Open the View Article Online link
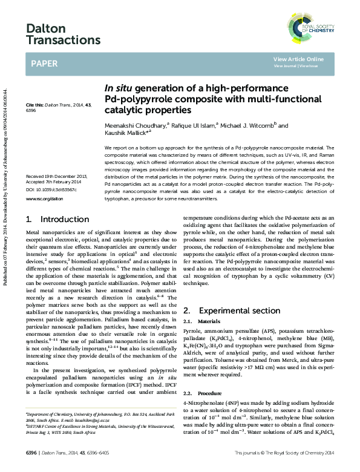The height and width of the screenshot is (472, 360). point(298,59)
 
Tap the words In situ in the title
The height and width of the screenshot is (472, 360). point(118,88)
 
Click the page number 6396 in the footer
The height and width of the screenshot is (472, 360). point(33,453)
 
